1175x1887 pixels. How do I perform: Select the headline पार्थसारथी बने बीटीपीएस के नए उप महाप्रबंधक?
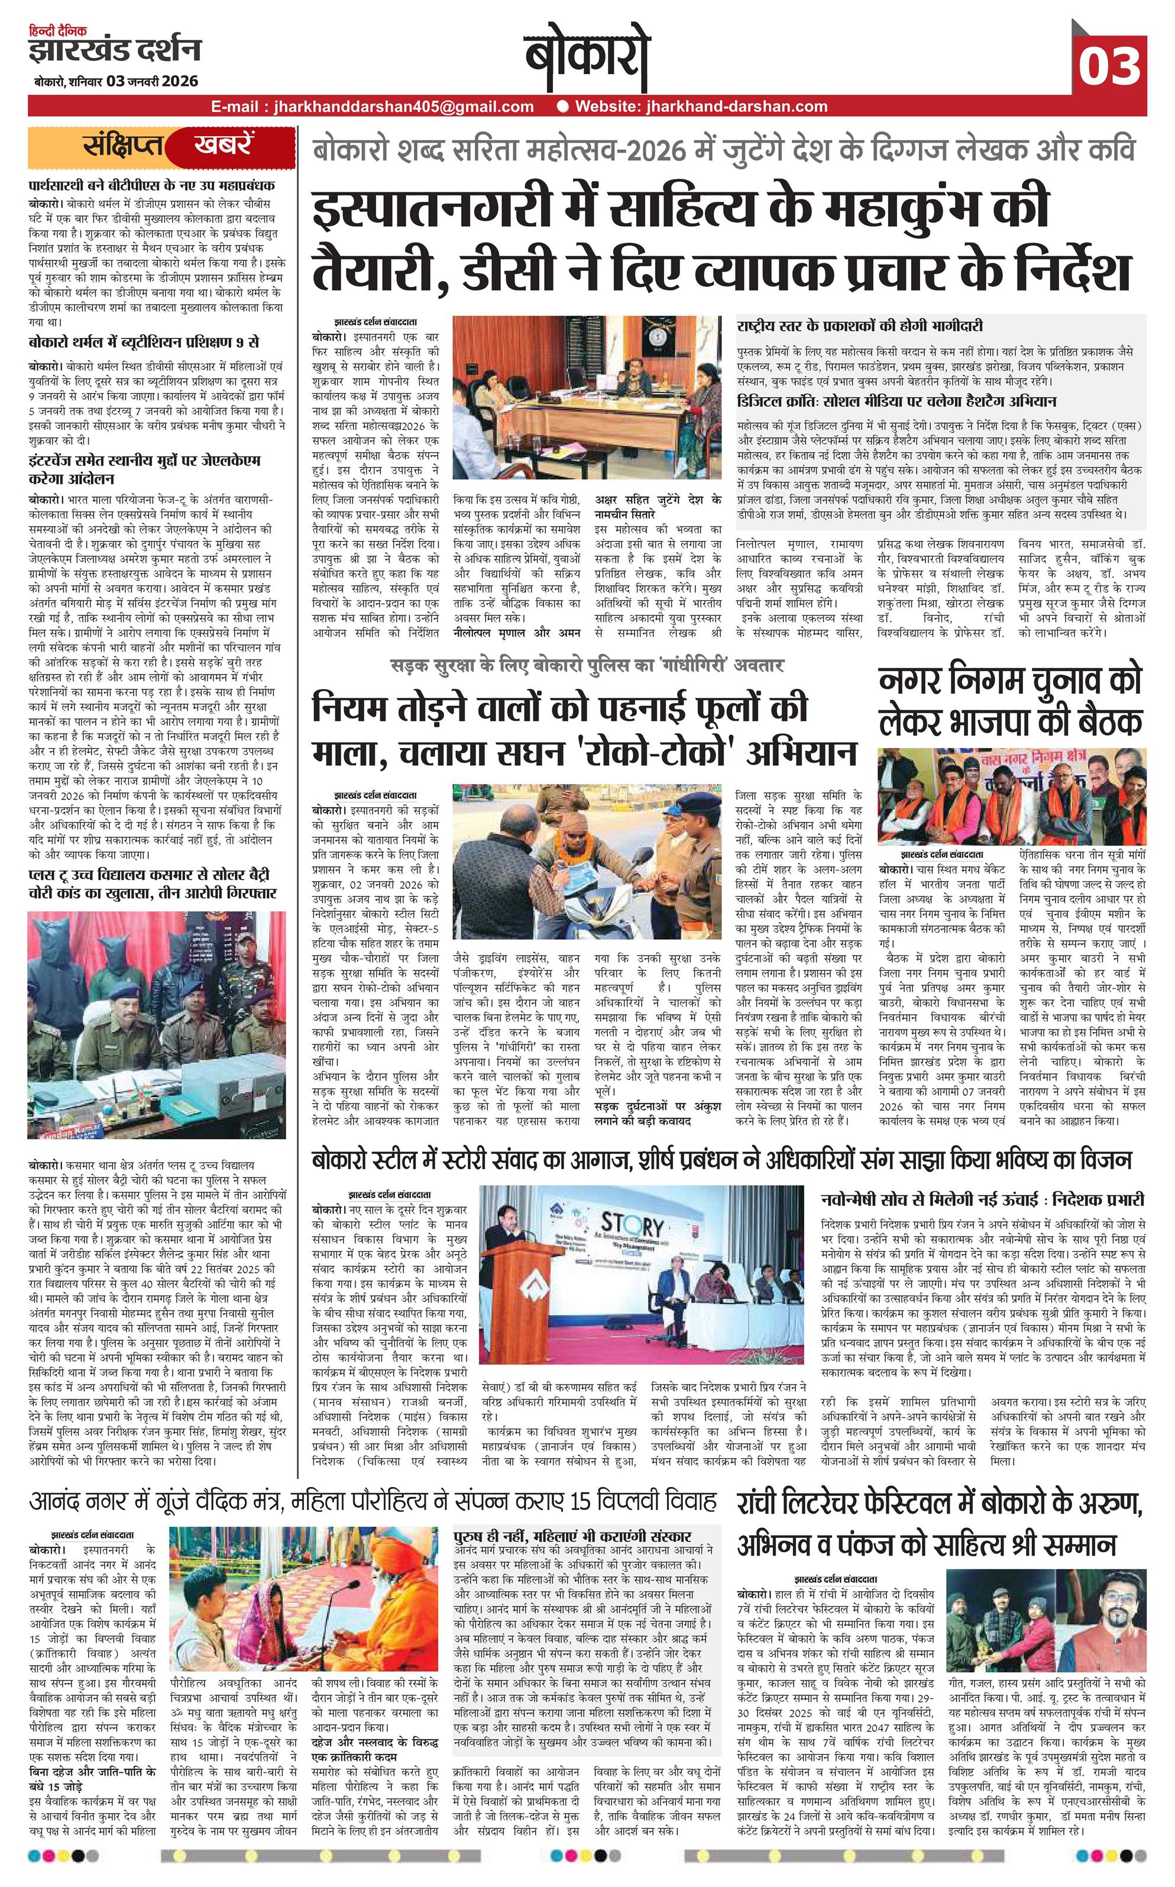point(151,186)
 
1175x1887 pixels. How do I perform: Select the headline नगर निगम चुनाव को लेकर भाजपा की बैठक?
point(1010,702)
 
